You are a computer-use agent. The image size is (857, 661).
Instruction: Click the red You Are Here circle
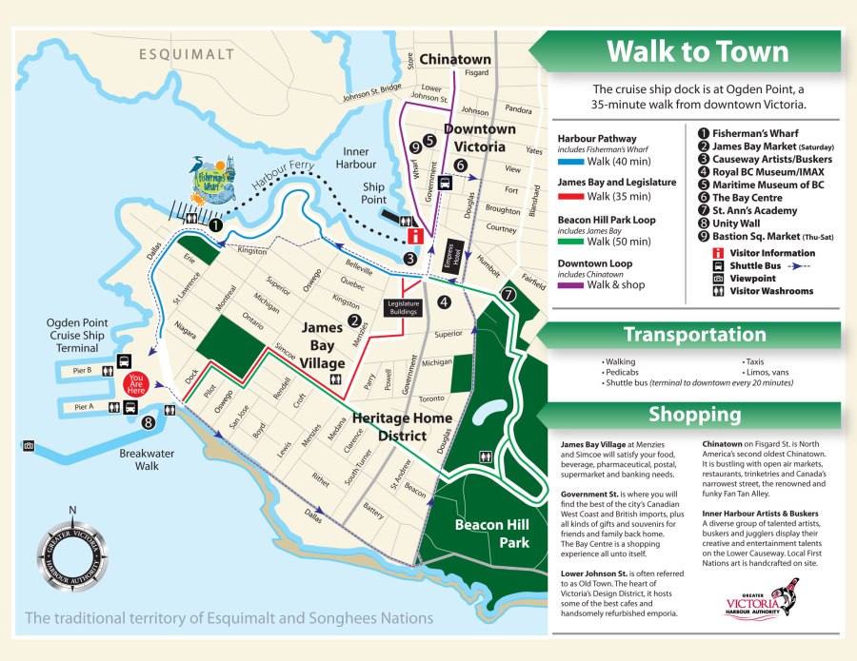coord(138,383)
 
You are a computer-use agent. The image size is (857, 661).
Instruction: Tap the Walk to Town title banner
coord(697,50)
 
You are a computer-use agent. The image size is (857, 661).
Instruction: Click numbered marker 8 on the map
coord(148,422)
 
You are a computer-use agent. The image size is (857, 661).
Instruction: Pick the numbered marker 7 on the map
coord(508,294)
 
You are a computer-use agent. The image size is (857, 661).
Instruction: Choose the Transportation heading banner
coord(694,335)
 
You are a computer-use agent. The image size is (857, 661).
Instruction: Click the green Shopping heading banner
coord(694,415)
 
